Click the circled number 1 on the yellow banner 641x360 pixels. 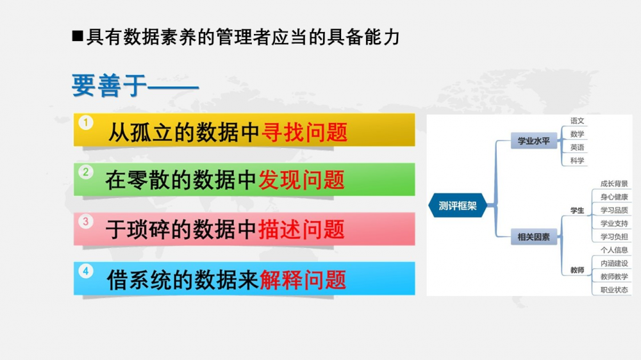coord(86,122)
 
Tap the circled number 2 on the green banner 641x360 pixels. coord(86,172)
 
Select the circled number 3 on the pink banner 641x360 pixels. coord(86,222)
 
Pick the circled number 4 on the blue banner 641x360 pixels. coord(86,271)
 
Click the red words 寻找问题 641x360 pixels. coord(304,133)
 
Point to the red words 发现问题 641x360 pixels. coord(302,180)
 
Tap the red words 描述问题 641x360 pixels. coord(302,230)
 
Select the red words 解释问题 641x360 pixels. coord(303,281)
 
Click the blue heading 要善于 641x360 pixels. coord(110,86)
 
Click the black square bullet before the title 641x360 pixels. coord(78,37)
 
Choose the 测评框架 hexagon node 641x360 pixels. coord(458,206)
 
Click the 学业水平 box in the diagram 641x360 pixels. coord(533,141)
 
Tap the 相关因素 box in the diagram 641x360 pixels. coord(533,237)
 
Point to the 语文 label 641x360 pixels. coord(578,121)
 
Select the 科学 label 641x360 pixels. coord(578,161)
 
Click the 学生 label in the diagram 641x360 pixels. coord(578,211)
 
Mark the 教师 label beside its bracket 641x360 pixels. coord(578,270)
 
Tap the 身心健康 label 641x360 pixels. coord(614,197)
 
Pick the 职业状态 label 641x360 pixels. coord(614,290)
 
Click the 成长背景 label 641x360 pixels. coord(614,183)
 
